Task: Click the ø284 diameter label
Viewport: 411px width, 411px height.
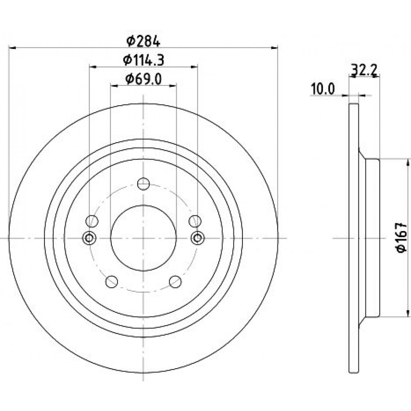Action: click(x=143, y=41)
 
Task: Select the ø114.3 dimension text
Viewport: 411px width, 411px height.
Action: click(x=143, y=60)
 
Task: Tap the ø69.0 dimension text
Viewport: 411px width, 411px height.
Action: click(x=143, y=79)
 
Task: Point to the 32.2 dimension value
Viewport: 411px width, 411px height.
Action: click(x=364, y=70)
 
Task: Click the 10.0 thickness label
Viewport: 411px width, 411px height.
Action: click(x=323, y=89)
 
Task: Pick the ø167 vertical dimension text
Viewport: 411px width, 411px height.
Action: click(x=402, y=238)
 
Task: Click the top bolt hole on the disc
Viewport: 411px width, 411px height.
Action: click(x=143, y=184)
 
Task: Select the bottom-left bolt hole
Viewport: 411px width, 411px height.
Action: click(x=112, y=282)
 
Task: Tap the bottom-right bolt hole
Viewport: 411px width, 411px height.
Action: click(x=175, y=282)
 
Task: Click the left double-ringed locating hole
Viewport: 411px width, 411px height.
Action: click(x=89, y=238)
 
